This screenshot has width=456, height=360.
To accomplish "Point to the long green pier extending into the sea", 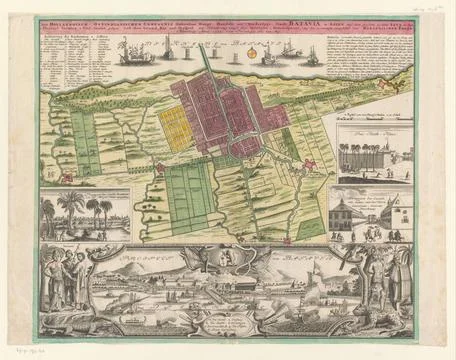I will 204,63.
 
